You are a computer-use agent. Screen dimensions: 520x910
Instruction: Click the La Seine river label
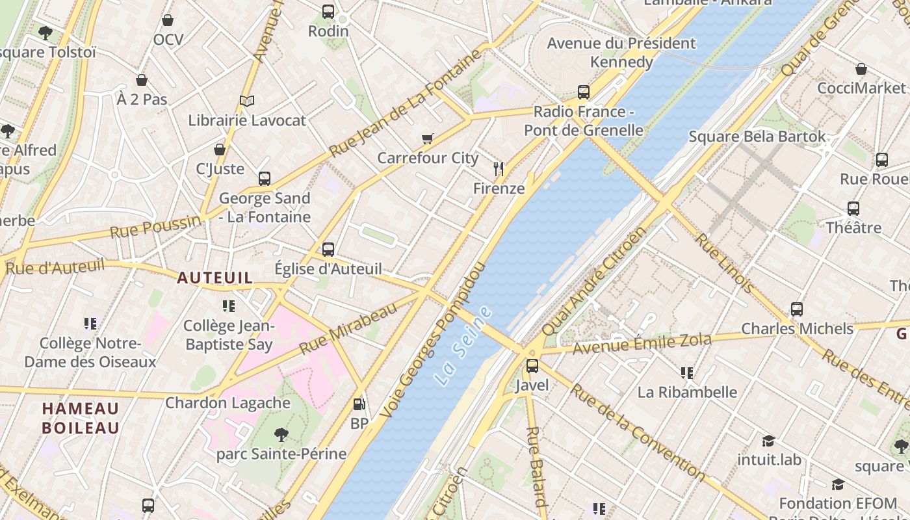tap(464, 346)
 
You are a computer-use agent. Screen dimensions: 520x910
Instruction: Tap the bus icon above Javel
tap(532, 366)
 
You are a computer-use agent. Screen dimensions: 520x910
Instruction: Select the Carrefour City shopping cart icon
tap(427, 138)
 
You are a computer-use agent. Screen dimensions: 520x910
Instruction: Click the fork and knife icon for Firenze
tap(499, 169)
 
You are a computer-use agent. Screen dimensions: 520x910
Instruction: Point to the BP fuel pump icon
tap(359, 404)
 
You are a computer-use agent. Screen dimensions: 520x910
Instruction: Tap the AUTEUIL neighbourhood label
tap(215, 278)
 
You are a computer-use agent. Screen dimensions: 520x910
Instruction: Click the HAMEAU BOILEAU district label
tap(81, 418)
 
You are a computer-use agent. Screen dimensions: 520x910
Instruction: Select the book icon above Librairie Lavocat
tap(246, 101)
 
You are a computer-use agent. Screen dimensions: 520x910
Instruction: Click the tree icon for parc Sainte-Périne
tap(281, 434)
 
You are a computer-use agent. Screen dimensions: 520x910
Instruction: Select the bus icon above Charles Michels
tap(797, 309)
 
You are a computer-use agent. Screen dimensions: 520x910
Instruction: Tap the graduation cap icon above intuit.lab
tap(768, 441)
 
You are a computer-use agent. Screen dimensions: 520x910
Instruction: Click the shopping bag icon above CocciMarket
tap(861, 69)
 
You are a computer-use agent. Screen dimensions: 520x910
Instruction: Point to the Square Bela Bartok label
tap(757, 136)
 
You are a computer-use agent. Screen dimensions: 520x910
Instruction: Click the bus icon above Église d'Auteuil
tap(328, 249)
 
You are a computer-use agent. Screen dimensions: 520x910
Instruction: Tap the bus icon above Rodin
tap(328, 12)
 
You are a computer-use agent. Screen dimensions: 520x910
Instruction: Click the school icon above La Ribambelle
tap(687, 373)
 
